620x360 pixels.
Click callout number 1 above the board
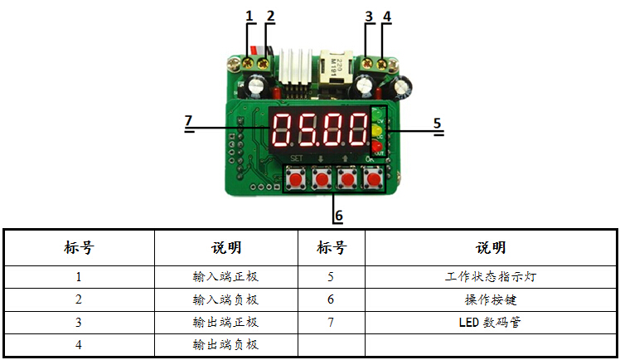(x=249, y=15)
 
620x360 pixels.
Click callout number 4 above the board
(x=385, y=15)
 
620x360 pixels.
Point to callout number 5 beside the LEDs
(x=438, y=123)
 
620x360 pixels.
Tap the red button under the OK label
(x=375, y=178)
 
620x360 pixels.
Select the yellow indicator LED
(x=377, y=131)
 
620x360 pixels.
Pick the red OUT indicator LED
(x=377, y=147)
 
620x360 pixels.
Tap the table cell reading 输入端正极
(x=226, y=277)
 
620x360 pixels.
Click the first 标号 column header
(x=79, y=248)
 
